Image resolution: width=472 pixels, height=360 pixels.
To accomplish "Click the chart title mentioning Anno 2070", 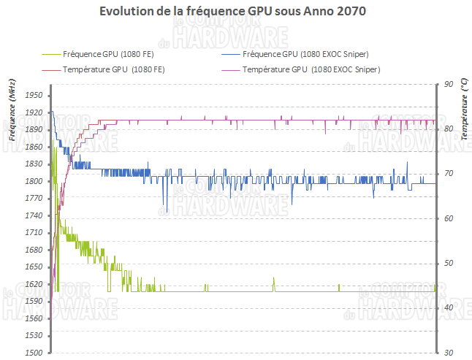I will coord(236,12).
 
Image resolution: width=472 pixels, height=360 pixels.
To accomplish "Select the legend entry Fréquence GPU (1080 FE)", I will coord(107,54).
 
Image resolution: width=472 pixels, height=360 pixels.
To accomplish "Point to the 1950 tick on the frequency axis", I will coord(34,96).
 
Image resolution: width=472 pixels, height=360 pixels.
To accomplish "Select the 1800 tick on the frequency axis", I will coord(34,181).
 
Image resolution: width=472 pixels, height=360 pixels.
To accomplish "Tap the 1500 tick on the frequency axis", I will coord(34,353).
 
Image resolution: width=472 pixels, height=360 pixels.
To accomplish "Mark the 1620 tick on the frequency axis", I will coord(34,284).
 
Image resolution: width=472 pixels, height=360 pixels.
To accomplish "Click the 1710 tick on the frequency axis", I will coord(34,233).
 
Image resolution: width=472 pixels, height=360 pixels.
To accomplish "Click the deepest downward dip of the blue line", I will coord(166,212).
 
